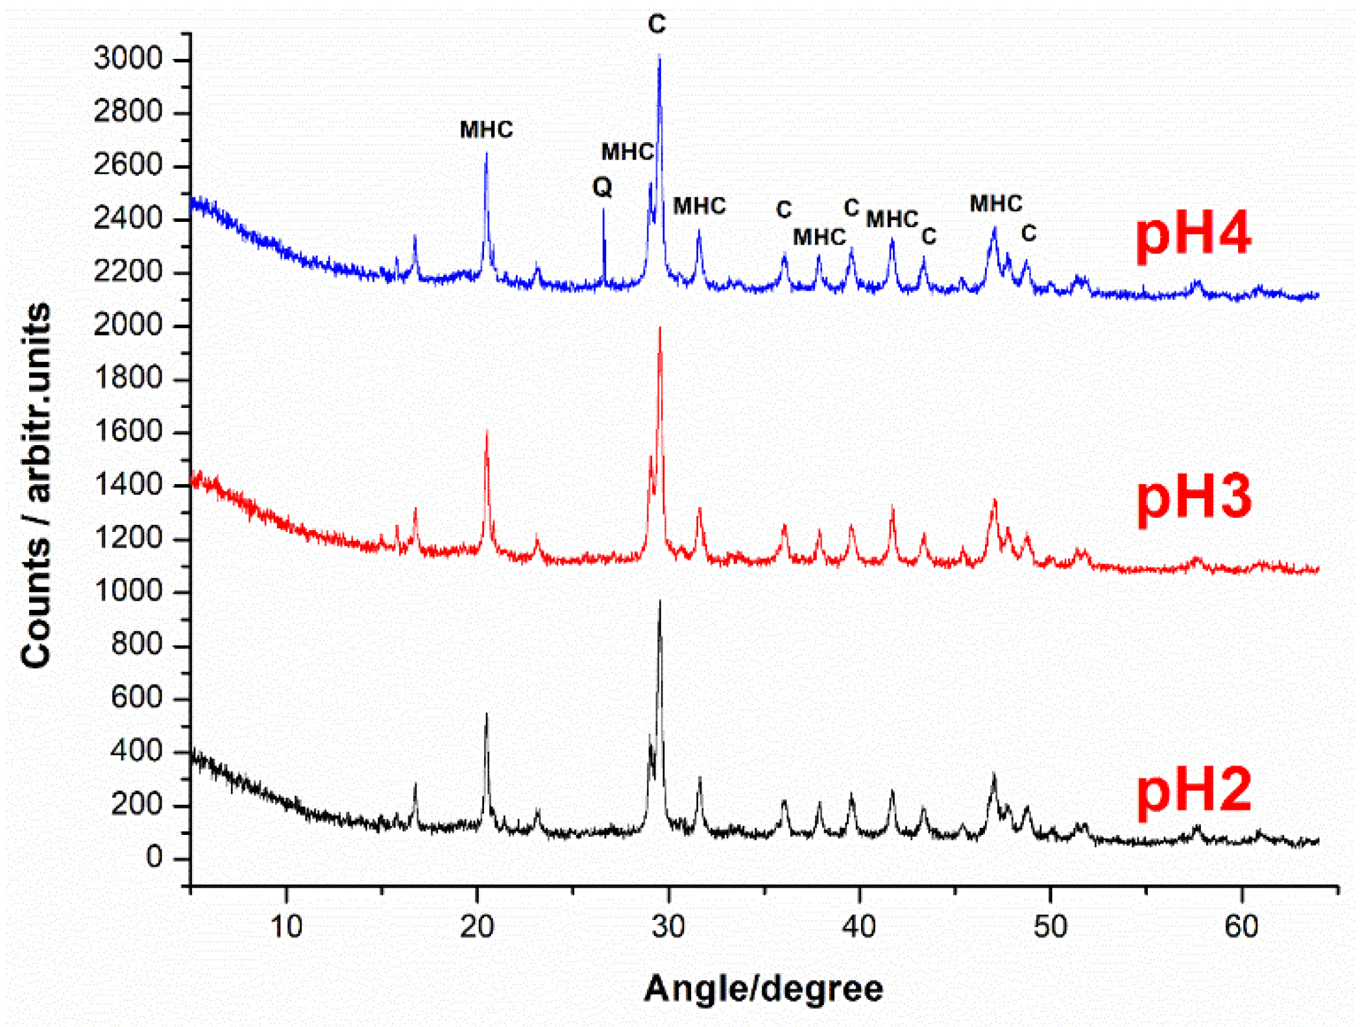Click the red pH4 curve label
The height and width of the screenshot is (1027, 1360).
click(x=1193, y=235)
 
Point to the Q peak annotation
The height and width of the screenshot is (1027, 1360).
click(x=602, y=187)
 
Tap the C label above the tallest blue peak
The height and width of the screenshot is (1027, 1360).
click(x=657, y=25)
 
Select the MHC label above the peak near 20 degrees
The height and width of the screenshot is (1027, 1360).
click(x=486, y=130)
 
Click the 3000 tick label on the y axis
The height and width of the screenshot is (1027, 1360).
click(x=128, y=59)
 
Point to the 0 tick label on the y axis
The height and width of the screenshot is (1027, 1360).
click(x=154, y=858)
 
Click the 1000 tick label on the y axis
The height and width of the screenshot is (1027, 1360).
click(x=128, y=591)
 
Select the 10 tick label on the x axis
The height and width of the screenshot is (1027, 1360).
click(x=286, y=926)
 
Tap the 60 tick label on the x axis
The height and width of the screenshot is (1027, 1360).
click(x=1241, y=926)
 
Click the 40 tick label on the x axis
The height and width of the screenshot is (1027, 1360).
click(x=859, y=926)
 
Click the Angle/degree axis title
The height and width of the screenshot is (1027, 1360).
click(x=763, y=989)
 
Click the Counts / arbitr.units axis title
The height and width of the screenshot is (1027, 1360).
click(x=36, y=485)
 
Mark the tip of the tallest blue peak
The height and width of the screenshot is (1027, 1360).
click(x=659, y=56)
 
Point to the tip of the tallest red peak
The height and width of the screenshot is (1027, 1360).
click(x=660, y=328)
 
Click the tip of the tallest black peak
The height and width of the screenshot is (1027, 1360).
click(x=660, y=601)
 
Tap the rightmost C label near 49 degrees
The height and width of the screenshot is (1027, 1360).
click(x=1028, y=234)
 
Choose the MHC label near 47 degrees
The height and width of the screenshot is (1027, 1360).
click(x=995, y=204)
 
